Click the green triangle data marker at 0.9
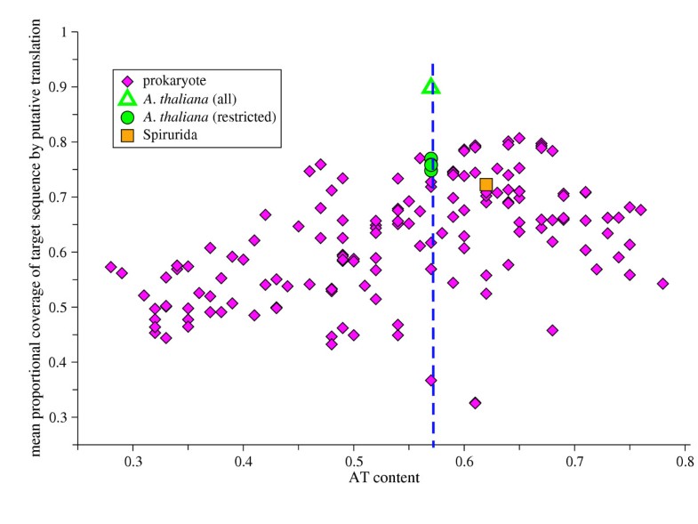pyautogui.click(x=431, y=87)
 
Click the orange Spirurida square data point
pyautogui.click(x=486, y=185)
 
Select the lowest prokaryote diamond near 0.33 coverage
pyautogui.click(x=475, y=403)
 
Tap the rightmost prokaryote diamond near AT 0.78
pyautogui.click(x=662, y=284)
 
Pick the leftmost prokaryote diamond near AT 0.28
pyautogui.click(x=110, y=267)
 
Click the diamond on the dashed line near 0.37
pyautogui.click(x=431, y=380)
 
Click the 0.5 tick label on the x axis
pyautogui.click(x=354, y=463)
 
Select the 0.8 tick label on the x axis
pyautogui.click(x=684, y=463)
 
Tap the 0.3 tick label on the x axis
pyautogui.click(x=133, y=463)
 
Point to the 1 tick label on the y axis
pyautogui.click(x=63, y=32)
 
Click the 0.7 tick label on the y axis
pyautogui.click(x=59, y=197)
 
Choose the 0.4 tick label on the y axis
pyautogui.click(x=59, y=362)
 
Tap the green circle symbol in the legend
pyautogui.click(x=127, y=117)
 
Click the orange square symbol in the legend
pyautogui.click(x=127, y=135)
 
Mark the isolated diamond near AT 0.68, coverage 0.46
pyautogui.click(x=552, y=330)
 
